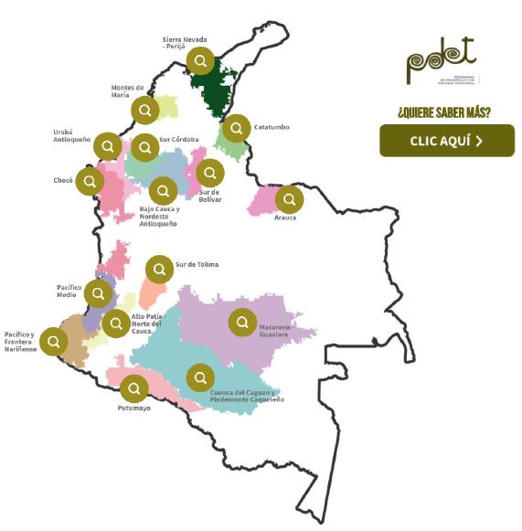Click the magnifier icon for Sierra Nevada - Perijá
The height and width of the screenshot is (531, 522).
click(200, 61)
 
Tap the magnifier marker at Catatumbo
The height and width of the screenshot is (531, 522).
click(237, 127)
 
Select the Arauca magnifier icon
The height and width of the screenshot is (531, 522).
click(289, 198)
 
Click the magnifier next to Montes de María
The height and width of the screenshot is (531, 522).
click(144, 111)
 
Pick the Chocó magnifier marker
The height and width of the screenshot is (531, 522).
click(90, 181)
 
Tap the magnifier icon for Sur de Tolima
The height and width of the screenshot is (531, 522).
click(159, 269)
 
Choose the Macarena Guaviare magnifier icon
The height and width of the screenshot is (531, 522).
click(242, 323)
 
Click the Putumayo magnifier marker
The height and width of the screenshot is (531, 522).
click(134, 388)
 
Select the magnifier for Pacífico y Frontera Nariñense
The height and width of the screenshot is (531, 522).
click(54, 342)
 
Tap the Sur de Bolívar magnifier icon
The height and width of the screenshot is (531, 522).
click(210, 173)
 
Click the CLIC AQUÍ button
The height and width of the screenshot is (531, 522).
click(447, 140)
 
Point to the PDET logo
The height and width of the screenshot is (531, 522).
click(442, 61)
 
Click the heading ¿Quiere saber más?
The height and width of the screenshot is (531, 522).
click(443, 112)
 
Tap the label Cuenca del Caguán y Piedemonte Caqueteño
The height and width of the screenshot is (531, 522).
click(247, 397)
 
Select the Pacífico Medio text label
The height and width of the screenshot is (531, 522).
click(69, 292)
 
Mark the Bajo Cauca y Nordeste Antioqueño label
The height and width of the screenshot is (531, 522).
click(159, 216)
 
